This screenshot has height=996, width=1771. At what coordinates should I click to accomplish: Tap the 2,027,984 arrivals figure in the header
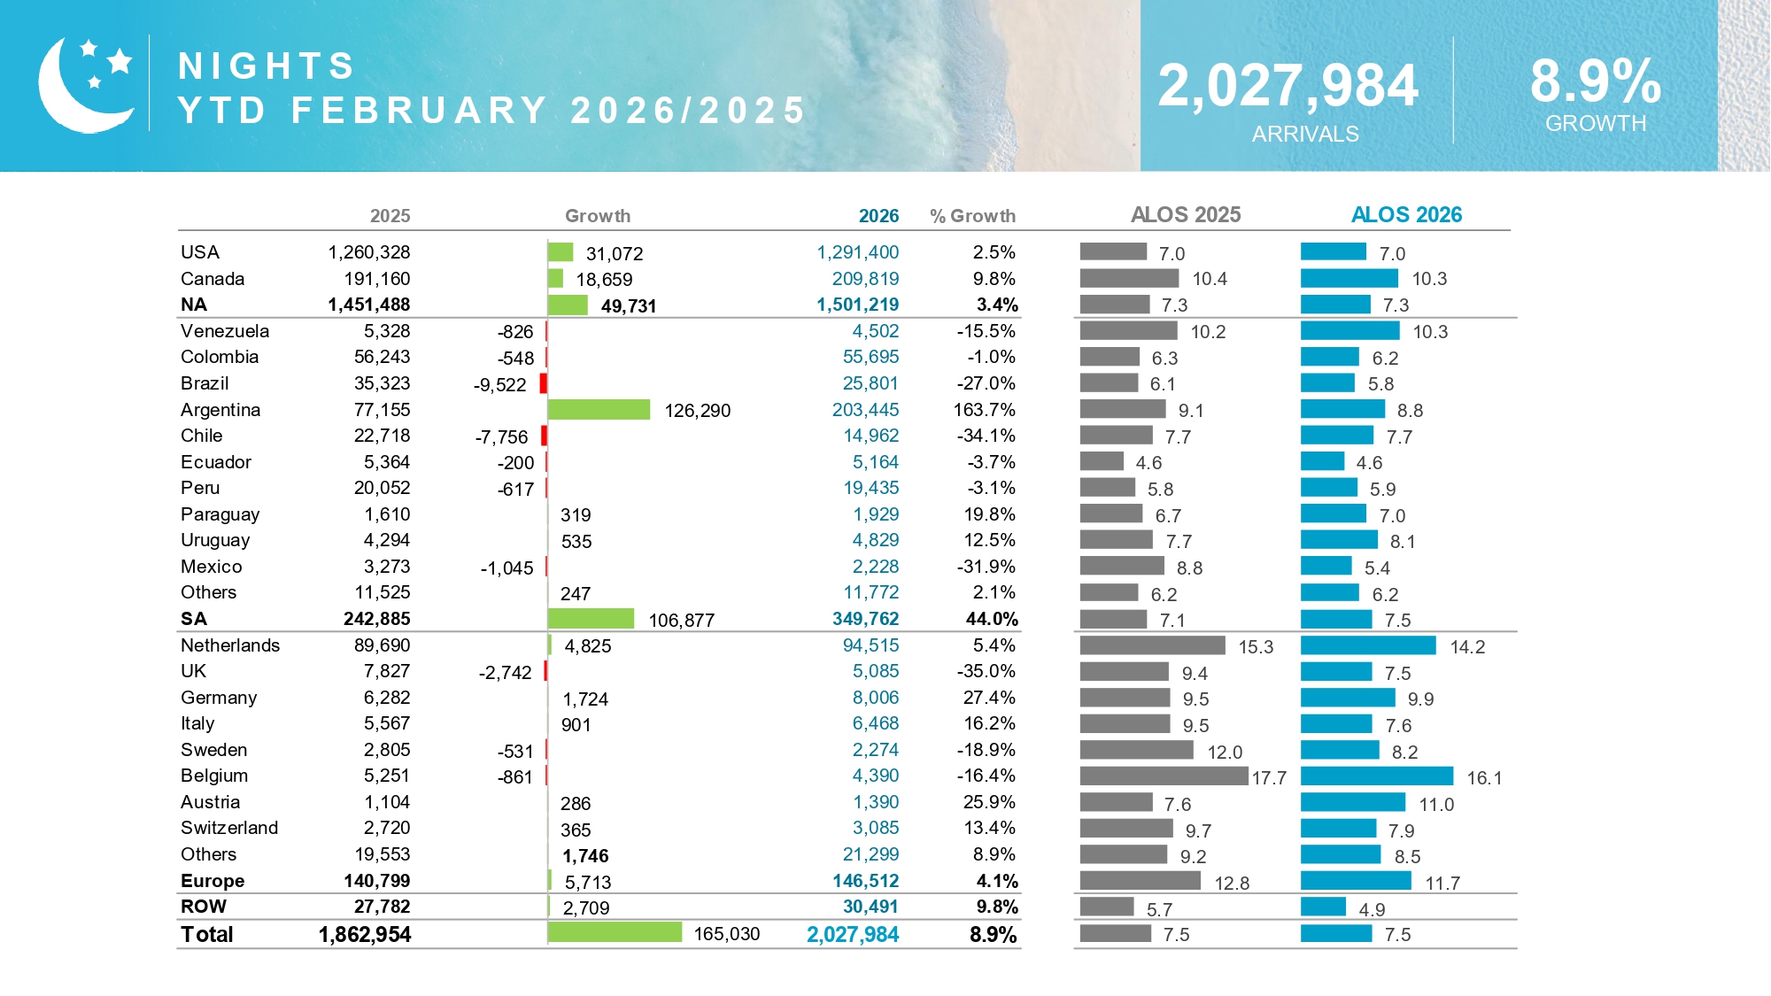[x=1288, y=86]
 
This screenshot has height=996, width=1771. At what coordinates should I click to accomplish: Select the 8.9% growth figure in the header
[x=1595, y=81]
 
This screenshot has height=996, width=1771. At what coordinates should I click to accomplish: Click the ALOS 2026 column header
[x=1405, y=215]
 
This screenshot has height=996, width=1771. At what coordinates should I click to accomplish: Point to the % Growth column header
[x=972, y=216]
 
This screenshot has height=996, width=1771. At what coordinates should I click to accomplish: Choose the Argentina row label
[x=220, y=410]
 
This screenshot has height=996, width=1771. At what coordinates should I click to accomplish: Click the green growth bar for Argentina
[x=599, y=410]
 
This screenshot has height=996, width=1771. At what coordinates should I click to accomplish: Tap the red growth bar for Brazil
[x=544, y=383]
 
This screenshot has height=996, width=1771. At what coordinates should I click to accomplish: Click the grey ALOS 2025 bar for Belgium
[x=1164, y=776]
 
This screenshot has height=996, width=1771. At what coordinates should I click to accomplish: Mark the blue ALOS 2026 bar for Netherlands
[x=1368, y=645]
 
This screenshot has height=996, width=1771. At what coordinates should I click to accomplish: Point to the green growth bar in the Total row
[x=615, y=932]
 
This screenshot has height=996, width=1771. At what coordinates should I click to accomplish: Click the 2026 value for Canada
[x=865, y=279]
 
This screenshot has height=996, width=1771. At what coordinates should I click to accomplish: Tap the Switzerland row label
[x=229, y=828]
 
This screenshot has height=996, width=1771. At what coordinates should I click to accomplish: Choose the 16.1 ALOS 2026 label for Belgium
[x=1484, y=778]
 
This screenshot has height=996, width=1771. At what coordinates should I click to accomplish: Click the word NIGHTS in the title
[x=267, y=66]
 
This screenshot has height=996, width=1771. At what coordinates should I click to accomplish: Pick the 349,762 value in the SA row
[x=865, y=619]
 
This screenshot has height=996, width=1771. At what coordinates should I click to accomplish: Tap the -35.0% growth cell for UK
[x=986, y=671]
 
